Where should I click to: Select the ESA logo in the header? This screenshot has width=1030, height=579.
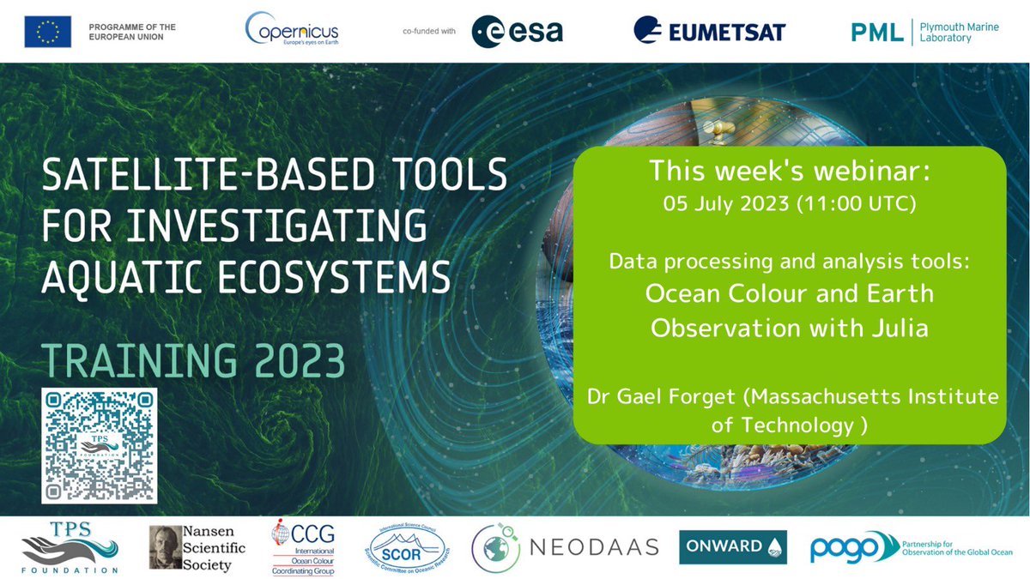(518, 33)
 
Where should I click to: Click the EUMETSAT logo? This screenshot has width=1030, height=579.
(709, 32)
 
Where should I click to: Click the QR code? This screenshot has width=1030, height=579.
(100, 446)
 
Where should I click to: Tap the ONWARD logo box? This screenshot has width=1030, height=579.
(733, 547)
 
